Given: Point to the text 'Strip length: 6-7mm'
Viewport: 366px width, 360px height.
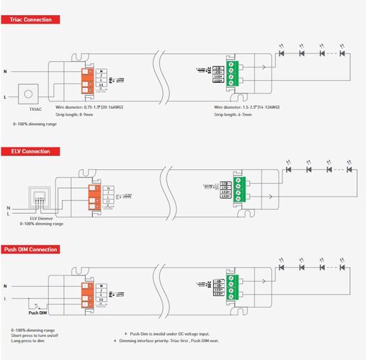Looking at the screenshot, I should click(234, 114).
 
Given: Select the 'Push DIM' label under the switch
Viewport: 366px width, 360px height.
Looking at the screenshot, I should click(38, 313).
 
